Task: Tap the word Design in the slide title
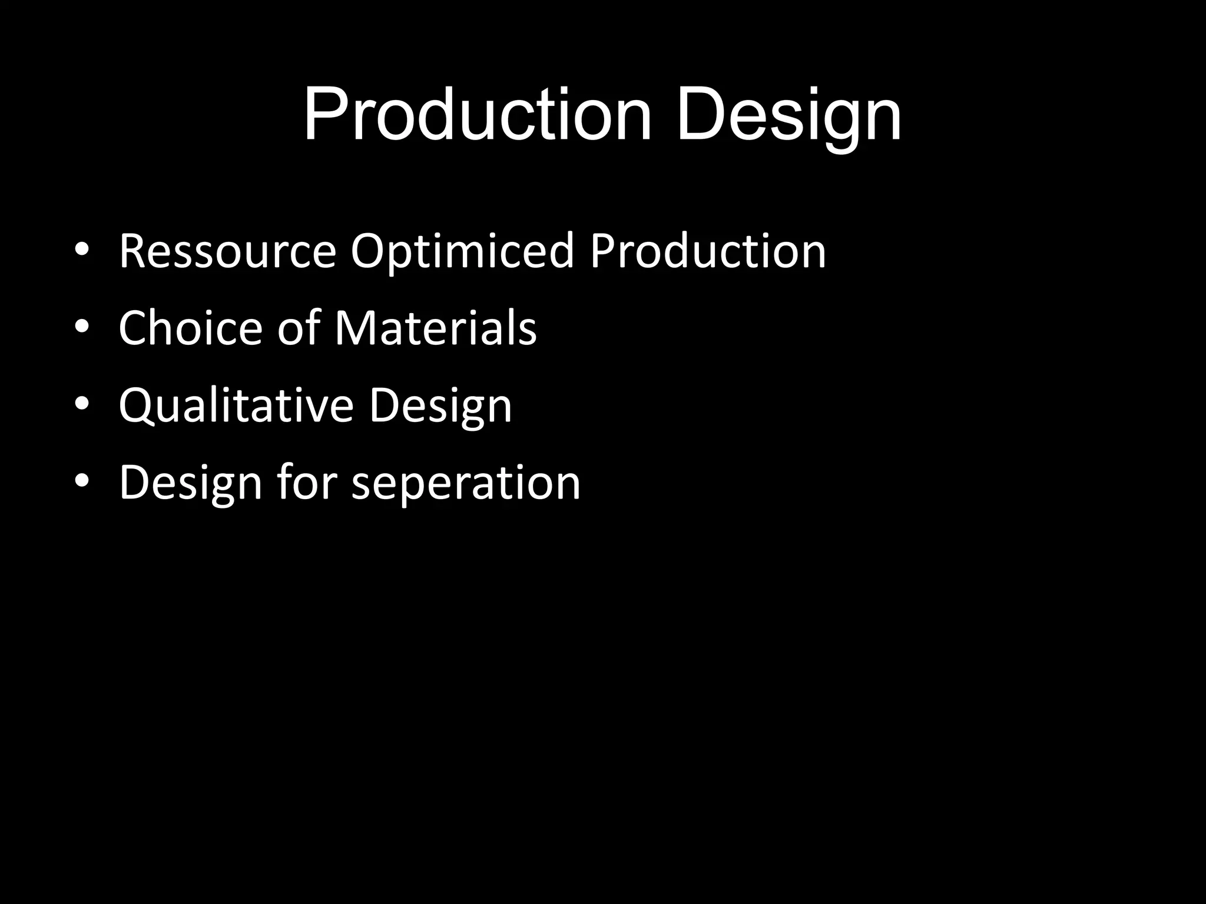789,116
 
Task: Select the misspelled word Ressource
227,251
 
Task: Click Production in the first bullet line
708,251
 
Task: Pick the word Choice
190,328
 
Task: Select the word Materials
436,328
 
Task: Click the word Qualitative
236,406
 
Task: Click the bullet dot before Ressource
82,250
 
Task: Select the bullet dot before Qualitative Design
82,404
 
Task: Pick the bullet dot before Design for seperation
82,481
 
